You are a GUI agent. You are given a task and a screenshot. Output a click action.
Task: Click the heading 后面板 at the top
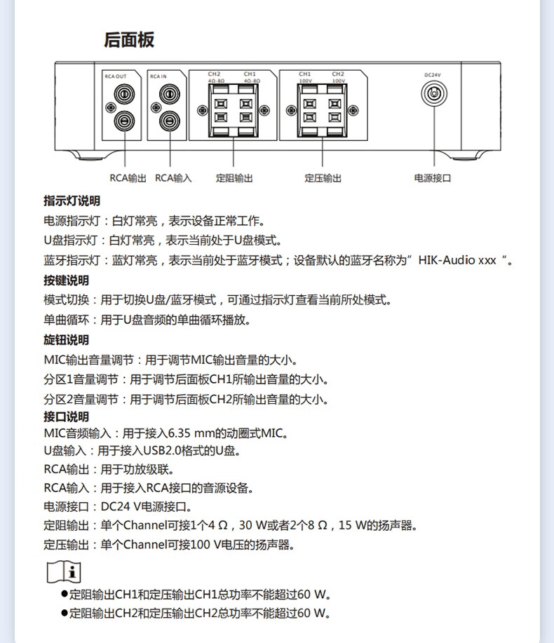129,40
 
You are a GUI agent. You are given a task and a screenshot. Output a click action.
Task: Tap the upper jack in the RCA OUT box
123,93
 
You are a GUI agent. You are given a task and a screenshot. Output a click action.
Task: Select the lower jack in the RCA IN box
168,121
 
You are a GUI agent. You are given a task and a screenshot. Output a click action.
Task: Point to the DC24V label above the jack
433,74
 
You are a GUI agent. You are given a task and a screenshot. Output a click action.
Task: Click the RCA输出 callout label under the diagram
128,178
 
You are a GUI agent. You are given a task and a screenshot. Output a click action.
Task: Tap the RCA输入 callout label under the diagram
173,178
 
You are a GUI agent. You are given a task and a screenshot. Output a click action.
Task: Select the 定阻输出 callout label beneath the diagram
234,178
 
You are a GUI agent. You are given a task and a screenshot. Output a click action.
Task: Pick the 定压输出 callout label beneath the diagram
323,178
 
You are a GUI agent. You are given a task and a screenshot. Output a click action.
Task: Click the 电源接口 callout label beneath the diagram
433,178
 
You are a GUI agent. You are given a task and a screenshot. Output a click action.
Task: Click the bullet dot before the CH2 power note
64,613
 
